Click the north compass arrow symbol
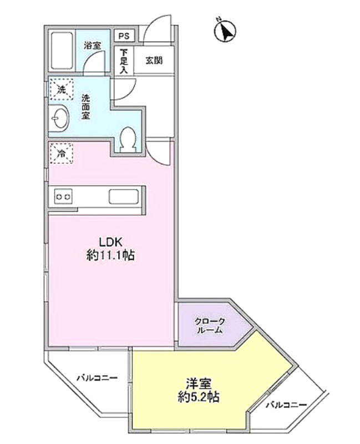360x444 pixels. (225, 31)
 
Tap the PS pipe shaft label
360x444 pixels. (123, 36)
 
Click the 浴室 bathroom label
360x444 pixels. (92, 46)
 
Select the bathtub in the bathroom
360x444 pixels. (62, 52)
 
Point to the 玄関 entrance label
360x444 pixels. (154, 60)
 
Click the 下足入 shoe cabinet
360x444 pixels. (123, 61)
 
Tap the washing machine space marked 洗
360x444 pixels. (62, 90)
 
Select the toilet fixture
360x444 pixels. (127, 139)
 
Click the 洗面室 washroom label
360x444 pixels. (86, 107)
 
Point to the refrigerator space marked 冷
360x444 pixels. (62, 153)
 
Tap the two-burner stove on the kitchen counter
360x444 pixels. (63, 196)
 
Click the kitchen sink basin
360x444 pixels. (123, 196)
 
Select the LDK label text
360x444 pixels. (110, 242)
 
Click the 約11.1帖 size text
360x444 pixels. (110, 256)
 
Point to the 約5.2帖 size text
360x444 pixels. (199, 397)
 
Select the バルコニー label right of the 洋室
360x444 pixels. (286, 405)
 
